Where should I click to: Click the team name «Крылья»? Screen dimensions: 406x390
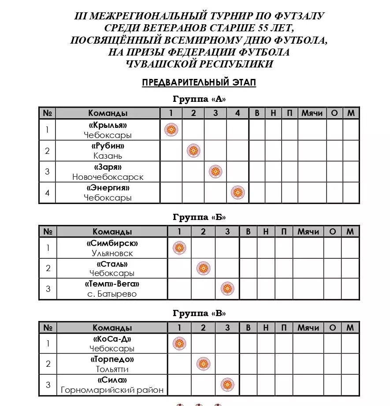pos(108,125)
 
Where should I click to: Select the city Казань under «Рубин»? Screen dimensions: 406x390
pos(108,156)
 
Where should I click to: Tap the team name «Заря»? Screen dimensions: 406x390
pos(108,167)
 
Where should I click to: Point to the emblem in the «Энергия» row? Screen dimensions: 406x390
pos(238,193)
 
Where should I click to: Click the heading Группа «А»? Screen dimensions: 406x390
pos(199,99)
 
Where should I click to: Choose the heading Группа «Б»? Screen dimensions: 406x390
pos(199,217)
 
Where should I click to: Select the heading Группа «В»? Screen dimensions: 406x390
pos(199,313)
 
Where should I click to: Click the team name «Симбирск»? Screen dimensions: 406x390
pos(112,243)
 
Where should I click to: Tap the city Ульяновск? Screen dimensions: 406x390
pos(112,253)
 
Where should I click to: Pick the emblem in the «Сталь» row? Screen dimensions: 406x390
pos(203,268)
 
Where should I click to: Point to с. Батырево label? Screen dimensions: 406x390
pos(112,294)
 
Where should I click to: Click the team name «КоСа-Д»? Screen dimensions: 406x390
pos(112,339)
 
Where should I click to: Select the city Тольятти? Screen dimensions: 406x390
pos(112,369)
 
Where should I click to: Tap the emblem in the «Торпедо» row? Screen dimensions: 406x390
pos(203,364)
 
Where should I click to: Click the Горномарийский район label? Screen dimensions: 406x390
pos(112,390)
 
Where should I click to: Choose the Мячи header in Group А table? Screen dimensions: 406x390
pos(312,113)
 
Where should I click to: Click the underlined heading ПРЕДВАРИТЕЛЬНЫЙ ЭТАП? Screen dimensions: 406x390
pos(199,82)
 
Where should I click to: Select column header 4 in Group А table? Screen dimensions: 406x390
pos(238,113)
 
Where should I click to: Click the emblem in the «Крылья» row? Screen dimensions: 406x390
pos(171,130)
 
